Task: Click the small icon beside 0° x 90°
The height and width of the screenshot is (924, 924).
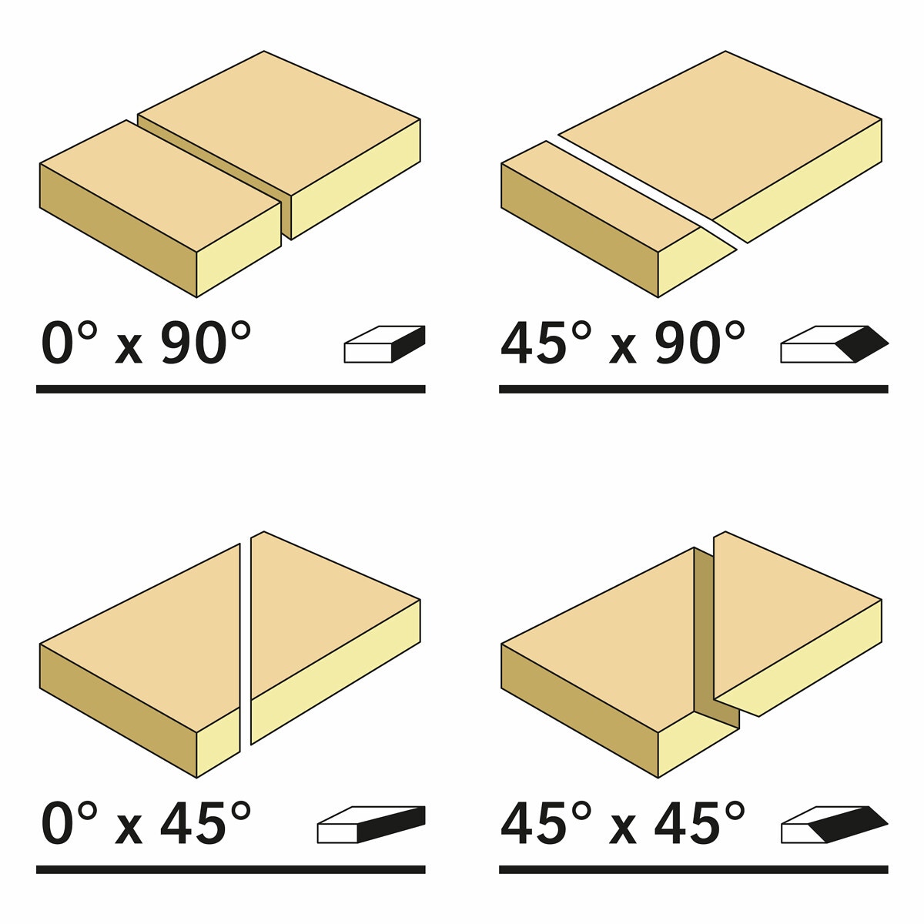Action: [x=384, y=343]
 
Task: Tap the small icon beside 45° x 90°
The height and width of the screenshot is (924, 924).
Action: [x=835, y=343]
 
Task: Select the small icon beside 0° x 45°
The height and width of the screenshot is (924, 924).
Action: [x=371, y=824]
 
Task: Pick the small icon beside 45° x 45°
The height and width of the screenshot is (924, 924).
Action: [x=835, y=824]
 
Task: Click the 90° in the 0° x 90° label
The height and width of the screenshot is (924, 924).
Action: [x=206, y=343]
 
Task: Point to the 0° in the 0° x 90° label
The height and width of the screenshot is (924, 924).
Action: [x=69, y=343]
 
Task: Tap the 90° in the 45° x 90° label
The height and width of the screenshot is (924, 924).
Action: [x=700, y=343]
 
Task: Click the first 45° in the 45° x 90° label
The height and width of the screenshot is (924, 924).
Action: [x=546, y=343]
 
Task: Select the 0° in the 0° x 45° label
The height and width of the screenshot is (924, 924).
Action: [x=69, y=823]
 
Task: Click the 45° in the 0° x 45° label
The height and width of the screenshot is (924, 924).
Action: [x=206, y=823]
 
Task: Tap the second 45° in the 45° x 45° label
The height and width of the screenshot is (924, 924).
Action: [x=700, y=823]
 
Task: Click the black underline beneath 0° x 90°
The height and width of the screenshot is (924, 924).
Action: [x=231, y=389]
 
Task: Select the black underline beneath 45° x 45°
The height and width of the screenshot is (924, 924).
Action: [x=693, y=869]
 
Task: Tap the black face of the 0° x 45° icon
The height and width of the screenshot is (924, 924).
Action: [x=392, y=823]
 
